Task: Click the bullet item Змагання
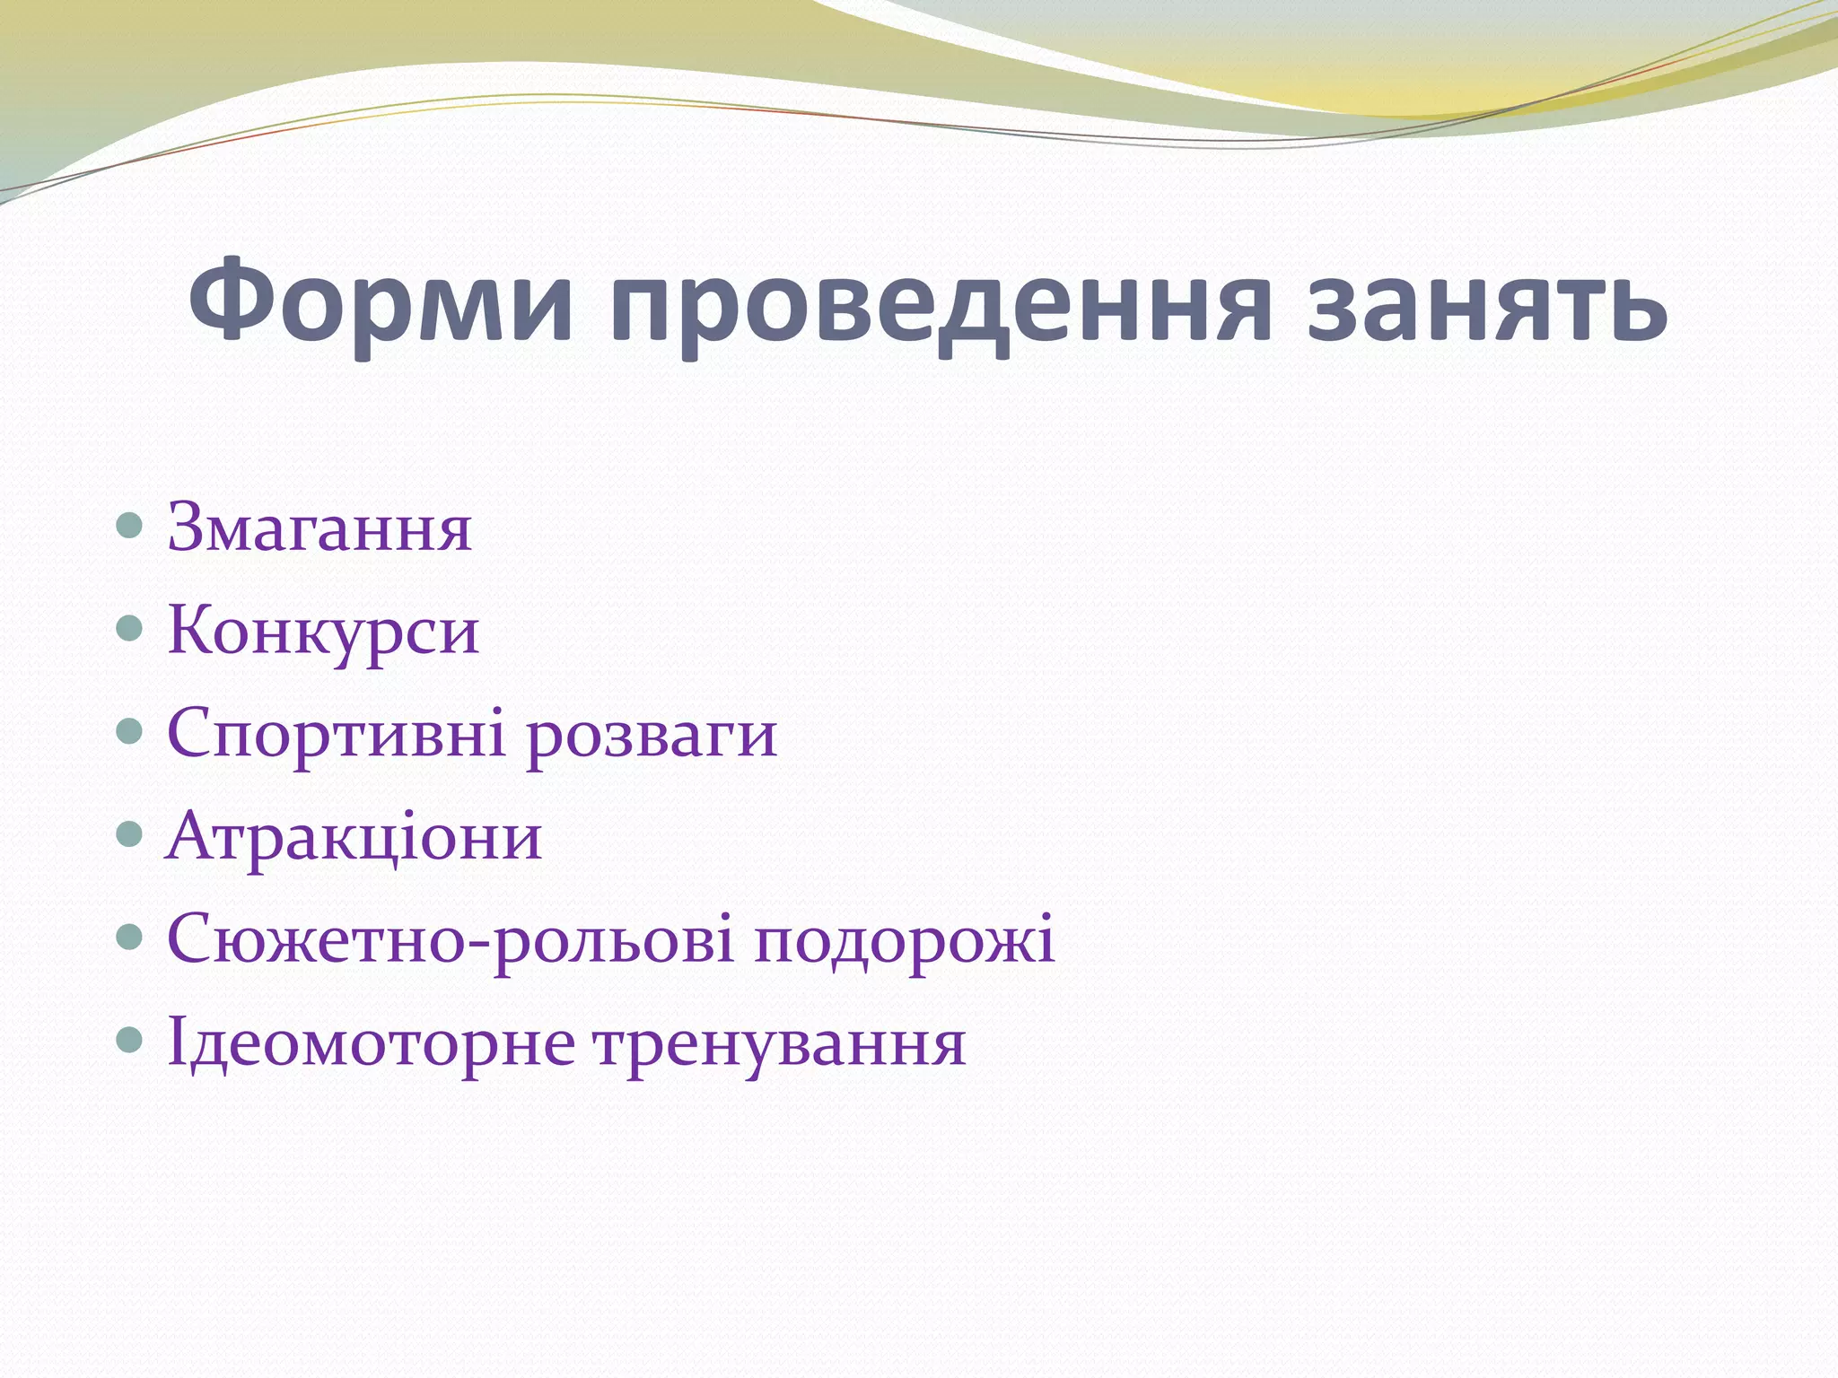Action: click(319, 528)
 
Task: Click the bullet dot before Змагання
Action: click(130, 526)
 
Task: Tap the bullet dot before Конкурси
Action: click(130, 629)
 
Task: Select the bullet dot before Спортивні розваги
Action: click(130, 732)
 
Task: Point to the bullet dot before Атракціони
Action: click(130, 835)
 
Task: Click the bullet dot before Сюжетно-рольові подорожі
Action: click(130, 938)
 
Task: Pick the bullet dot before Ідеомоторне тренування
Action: click(130, 1041)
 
